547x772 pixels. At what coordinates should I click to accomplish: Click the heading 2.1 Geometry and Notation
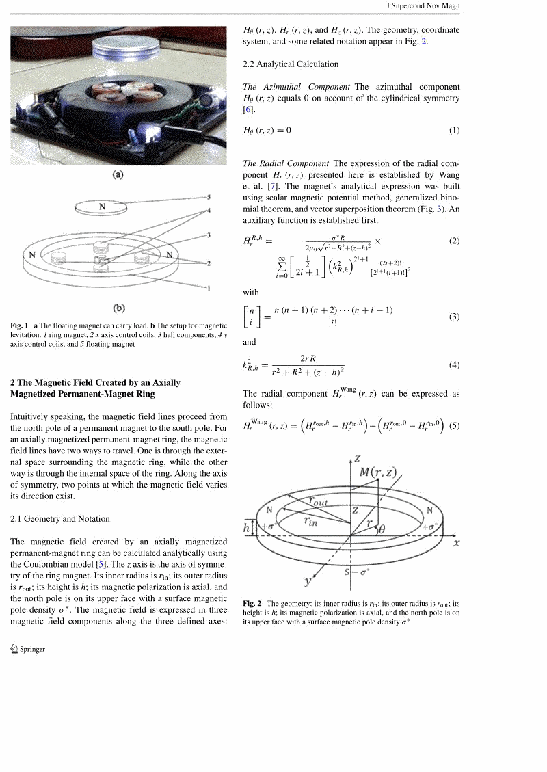pyautogui.click(x=60, y=519)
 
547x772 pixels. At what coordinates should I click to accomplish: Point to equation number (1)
pyautogui.click(x=454, y=131)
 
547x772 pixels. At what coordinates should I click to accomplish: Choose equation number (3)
pyautogui.click(x=454, y=317)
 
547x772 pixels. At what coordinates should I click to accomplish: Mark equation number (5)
pyautogui.click(x=454, y=425)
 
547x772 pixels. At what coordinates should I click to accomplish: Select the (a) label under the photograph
pyautogui.click(x=118, y=175)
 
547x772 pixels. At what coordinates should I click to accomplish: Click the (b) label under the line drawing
pyautogui.click(x=118, y=309)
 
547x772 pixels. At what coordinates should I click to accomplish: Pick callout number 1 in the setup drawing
pyautogui.click(x=208, y=289)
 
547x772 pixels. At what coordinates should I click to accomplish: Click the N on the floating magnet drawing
pyautogui.click(x=102, y=206)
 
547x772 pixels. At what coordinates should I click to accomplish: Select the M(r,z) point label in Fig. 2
pyautogui.click(x=378, y=472)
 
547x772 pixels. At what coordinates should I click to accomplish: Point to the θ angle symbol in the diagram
pyautogui.click(x=382, y=529)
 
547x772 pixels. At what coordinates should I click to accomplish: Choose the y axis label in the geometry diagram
pyautogui.click(x=308, y=582)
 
